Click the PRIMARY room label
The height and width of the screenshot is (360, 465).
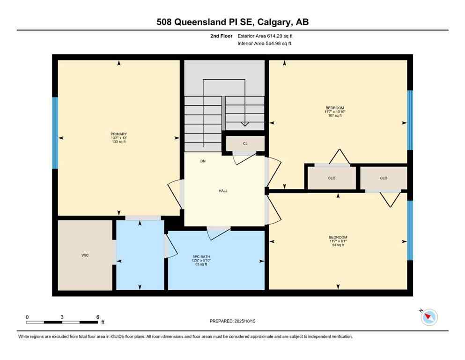pos(118,134)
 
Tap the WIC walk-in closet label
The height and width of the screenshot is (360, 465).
pos(85,255)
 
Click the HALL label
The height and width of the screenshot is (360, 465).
pos(223,191)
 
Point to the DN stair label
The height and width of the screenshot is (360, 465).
pos(203,161)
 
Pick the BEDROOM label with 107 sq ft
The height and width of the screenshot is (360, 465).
pos(334,108)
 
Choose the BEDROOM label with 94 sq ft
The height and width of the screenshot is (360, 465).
pos(338,237)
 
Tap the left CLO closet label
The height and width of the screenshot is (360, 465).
pos(331,178)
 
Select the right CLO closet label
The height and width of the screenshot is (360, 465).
pos(384,178)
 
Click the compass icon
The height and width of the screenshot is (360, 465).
pos(429,317)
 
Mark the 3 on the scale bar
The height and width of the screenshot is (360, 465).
pos(62,317)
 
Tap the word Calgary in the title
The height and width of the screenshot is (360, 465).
pos(272,22)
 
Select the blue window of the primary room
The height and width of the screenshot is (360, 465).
pos(55,133)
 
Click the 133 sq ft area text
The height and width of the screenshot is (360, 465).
pos(118,142)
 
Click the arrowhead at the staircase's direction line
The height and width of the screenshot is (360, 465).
pos(244,124)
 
